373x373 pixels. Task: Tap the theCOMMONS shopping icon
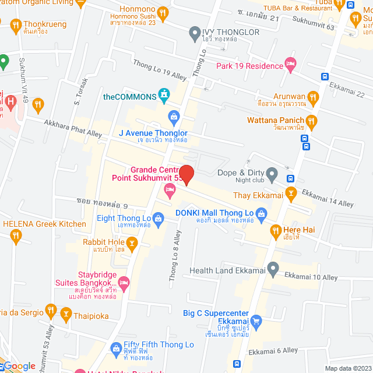point(166,95)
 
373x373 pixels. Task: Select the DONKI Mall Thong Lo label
point(214,213)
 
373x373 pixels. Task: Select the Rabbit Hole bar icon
point(133,242)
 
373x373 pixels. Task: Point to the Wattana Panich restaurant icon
point(311,122)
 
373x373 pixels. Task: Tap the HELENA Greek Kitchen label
point(44,224)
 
